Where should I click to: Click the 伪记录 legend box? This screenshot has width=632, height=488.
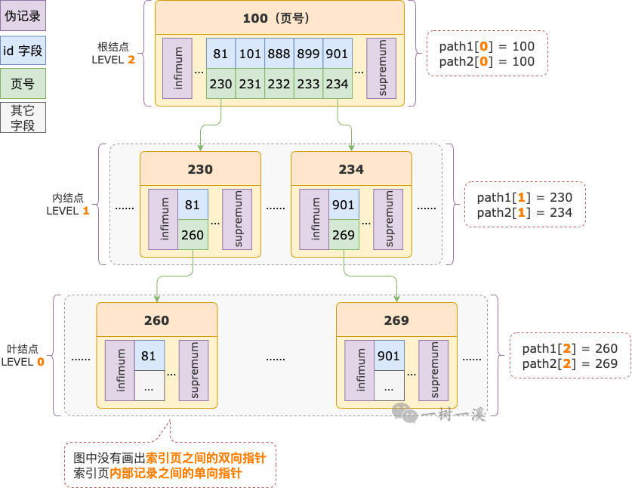pos(23,16)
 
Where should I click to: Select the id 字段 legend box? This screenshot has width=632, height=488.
pos(23,51)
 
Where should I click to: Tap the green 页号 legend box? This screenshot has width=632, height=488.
pos(23,83)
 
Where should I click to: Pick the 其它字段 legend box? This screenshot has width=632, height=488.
pos(23,117)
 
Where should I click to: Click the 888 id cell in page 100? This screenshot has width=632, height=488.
pos(279,54)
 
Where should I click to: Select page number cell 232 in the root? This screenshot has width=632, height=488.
pos(279,84)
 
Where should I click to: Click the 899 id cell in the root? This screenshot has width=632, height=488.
pos(308,54)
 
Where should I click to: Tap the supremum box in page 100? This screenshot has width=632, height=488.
pos(381,68)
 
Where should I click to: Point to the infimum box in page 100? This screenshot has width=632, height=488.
pos(177,68)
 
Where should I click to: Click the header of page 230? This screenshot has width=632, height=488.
pos(200,169)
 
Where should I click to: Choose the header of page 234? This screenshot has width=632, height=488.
pos(351,169)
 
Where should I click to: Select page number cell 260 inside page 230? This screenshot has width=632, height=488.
pos(193,235)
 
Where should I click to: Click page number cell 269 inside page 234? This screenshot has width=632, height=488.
pos(344,235)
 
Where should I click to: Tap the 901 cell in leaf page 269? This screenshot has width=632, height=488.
pos(389,356)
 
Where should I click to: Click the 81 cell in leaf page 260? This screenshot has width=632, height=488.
pos(149,356)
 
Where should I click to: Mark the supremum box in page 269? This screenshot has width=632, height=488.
pos(433,370)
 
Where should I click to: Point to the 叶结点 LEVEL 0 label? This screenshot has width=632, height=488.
pos(23,356)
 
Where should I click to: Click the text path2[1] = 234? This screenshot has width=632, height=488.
pos(524,213)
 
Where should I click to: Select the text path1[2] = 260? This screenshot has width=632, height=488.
pos(569,348)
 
